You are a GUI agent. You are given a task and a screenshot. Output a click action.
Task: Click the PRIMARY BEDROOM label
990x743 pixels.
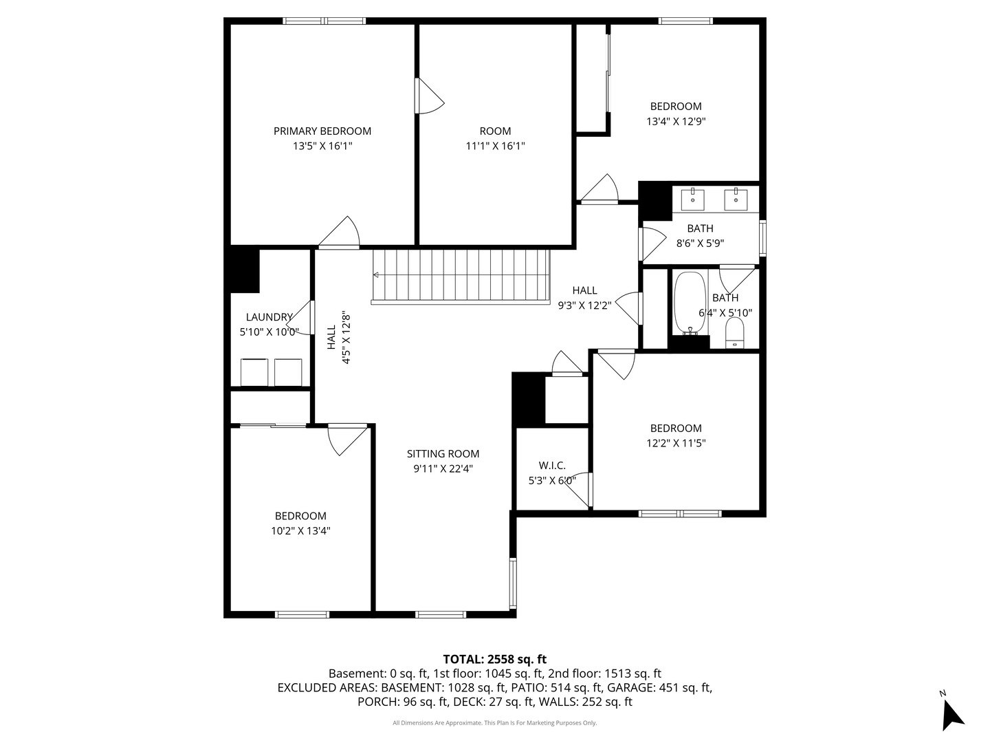(322, 131)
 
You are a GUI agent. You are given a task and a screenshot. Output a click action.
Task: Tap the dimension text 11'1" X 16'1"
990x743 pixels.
(495, 146)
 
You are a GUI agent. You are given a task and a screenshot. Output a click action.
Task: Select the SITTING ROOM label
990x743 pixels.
(443, 454)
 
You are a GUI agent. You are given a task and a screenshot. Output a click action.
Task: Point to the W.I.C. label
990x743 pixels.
(552, 466)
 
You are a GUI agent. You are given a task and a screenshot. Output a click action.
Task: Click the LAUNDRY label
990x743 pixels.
(269, 317)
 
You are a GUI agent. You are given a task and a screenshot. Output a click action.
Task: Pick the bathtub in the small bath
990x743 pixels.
(690, 303)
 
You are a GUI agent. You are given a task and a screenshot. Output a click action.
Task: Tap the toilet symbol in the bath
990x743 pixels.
(735, 333)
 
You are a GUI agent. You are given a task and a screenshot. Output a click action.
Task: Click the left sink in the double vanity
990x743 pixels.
(692, 200)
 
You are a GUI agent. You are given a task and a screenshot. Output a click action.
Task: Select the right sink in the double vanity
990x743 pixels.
(736, 200)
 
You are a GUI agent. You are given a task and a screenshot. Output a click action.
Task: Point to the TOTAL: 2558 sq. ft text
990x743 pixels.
(495, 659)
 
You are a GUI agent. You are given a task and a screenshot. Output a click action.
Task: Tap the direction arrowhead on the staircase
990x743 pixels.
(375, 274)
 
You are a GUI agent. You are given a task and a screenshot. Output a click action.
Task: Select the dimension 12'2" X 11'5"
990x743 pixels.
(676, 443)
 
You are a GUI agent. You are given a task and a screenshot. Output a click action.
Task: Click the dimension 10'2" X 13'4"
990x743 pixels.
(300, 530)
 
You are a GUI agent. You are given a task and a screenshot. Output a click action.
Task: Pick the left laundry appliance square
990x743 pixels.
(254, 372)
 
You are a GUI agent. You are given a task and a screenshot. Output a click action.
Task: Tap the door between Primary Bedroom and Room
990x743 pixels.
(430, 96)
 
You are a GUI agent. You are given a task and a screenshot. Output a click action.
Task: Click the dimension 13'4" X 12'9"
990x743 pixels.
(676, 121)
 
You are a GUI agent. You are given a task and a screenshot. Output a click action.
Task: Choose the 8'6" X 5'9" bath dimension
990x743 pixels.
(700, 244)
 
